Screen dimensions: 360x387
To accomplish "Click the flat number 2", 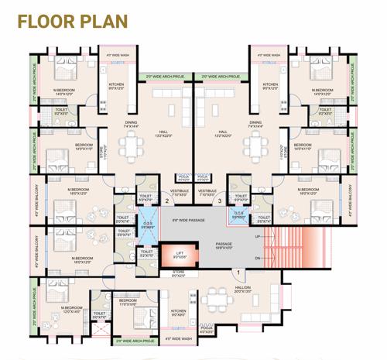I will coord(166,201).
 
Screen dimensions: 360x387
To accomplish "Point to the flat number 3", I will coord(220,201).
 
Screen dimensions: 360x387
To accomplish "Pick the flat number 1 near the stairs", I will coord(238,271).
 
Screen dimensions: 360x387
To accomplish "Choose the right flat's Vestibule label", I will coord(207,190).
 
